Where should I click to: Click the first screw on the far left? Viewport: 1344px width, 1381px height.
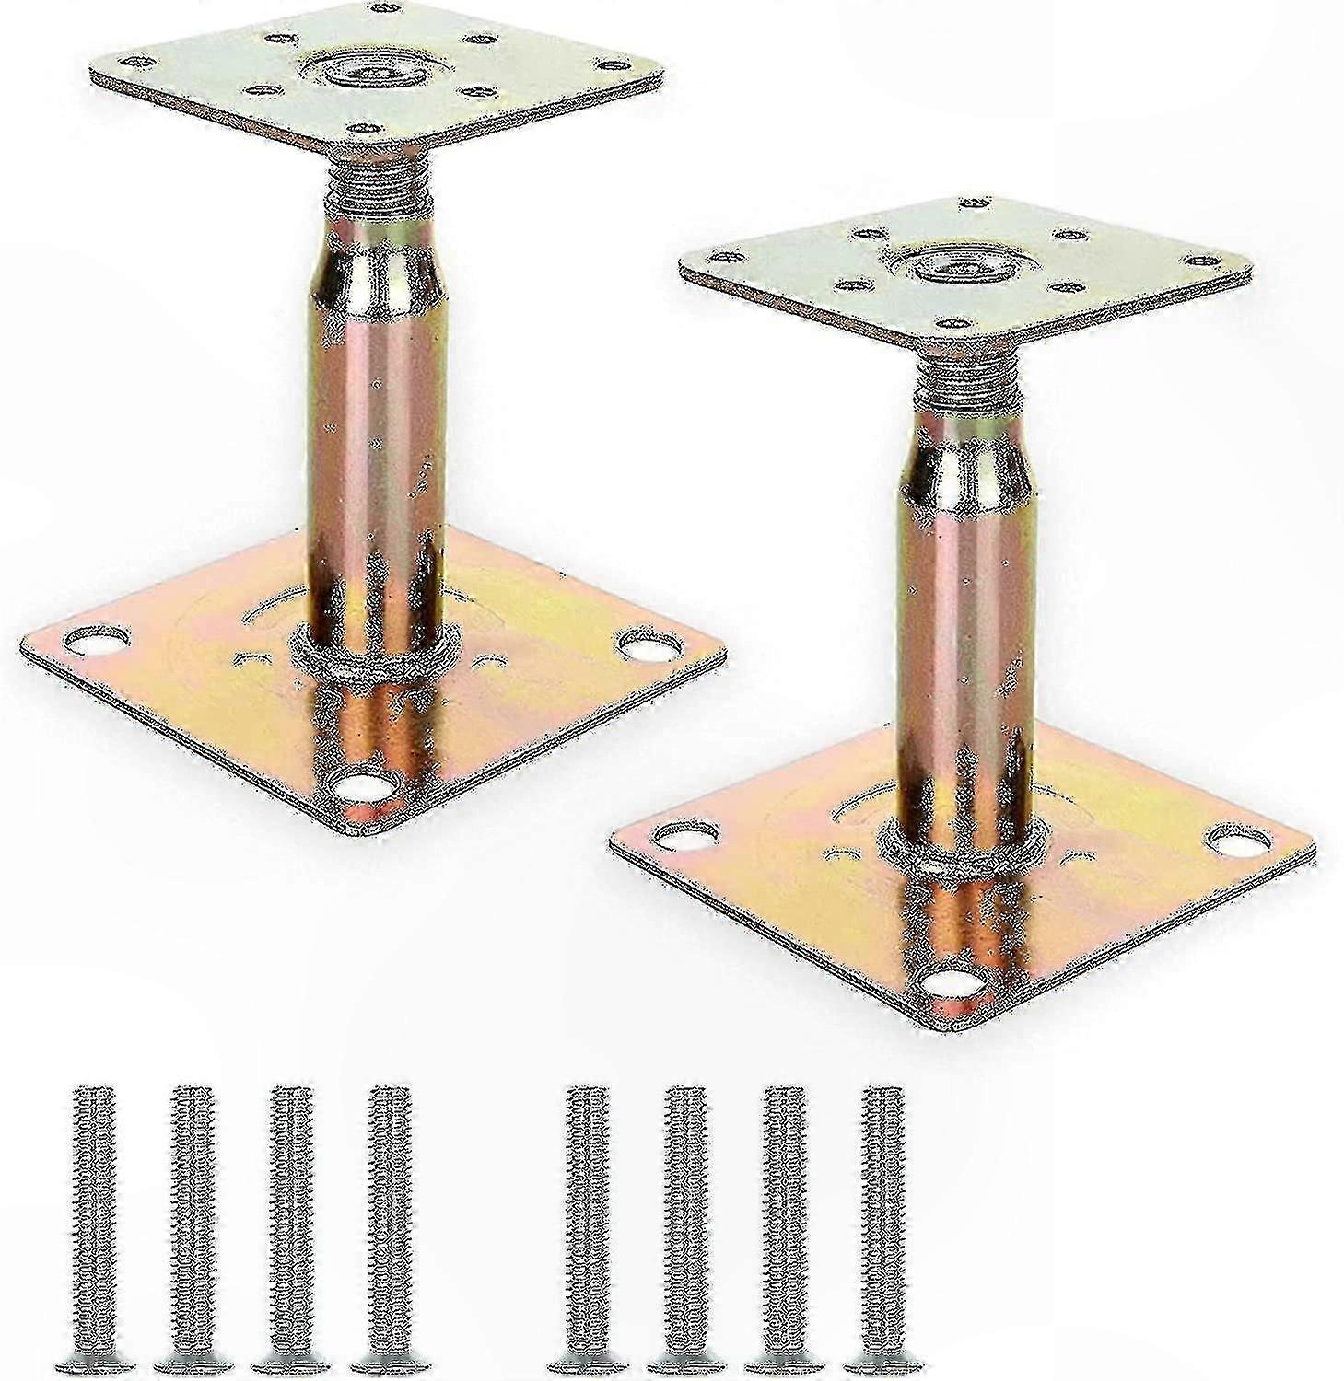[92, 1234]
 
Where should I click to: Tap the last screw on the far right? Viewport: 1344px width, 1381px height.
[882, 1234]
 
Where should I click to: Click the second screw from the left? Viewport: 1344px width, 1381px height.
[192, 1234]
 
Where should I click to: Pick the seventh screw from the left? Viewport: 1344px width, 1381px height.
[784, 1234]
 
